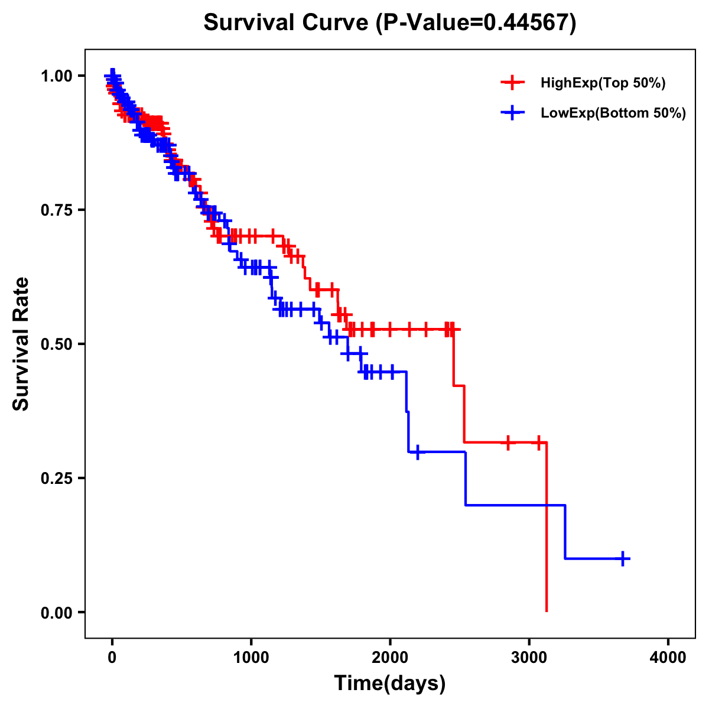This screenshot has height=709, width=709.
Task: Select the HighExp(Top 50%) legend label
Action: (x=603, y=83)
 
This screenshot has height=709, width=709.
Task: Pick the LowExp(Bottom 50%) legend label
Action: (x=613, y=113)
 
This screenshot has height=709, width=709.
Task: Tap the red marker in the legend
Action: (x=512, y=83)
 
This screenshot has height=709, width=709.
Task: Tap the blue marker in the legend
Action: (x=512, y=112)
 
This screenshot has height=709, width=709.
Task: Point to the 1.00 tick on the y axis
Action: (x=57, y=76)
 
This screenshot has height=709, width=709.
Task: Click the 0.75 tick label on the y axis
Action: (x=57, y=210)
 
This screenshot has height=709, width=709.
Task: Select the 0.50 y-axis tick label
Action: (x=57, y=344)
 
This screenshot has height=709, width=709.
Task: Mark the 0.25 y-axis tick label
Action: (x=57, y=479)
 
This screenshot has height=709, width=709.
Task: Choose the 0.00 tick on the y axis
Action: (x=57, y=613)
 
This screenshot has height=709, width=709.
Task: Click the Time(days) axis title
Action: (x=390, y=684)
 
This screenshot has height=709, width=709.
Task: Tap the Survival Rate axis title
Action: (x=21, y=344)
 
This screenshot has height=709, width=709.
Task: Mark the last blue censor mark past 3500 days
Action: (x=623, y=558)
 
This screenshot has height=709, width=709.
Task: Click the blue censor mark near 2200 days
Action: (x=418, y=452)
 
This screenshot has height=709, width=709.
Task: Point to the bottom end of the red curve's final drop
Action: (x=547, y=611)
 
